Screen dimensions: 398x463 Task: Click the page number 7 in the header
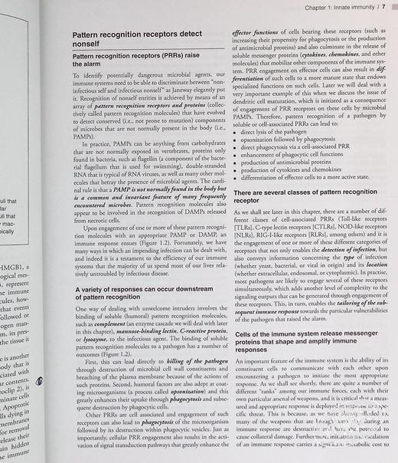383,8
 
